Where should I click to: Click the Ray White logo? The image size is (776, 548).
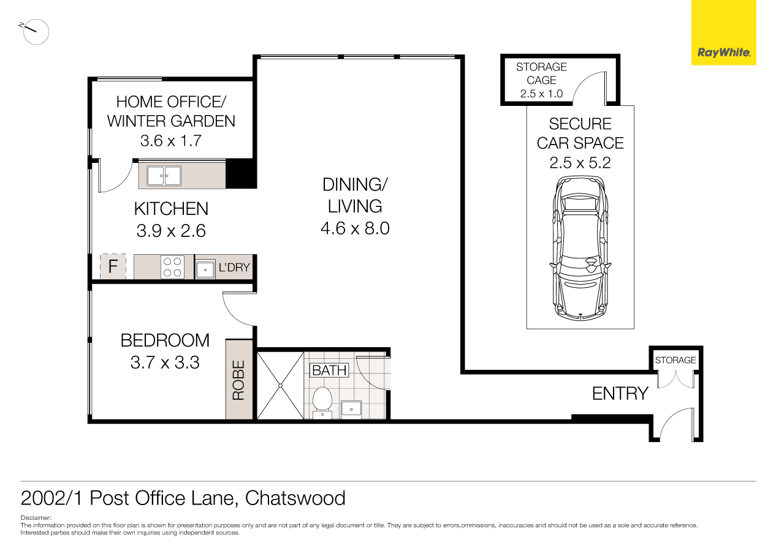(723, 53)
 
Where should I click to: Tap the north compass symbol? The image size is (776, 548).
(36, 31)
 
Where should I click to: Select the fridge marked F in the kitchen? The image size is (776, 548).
(113, 267)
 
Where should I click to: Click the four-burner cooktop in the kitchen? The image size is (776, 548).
(172, 267)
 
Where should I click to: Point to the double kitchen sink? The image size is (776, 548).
(164, 176)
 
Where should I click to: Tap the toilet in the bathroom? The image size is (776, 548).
(322, 401)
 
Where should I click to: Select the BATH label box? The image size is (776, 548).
(329, 370)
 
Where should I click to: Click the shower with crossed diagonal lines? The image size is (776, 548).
(280, 385)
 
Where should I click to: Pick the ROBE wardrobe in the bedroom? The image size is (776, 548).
(239, 380)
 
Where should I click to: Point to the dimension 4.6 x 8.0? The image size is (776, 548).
(355, 229)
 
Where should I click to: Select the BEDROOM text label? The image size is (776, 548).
(165, 340)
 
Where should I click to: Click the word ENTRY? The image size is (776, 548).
(620, 394)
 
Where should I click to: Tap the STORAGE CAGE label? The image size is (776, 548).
(541, 73)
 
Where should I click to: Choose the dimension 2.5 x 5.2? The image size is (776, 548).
(580, 163)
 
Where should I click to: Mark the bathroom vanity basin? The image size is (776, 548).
(351, 408)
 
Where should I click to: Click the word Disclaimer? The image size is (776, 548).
(36, 518)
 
